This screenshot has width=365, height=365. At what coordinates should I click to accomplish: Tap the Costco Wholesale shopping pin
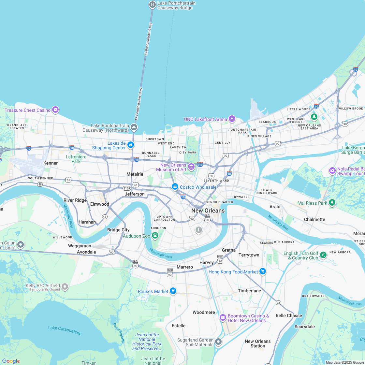175,187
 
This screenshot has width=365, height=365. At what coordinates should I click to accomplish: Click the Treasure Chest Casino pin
55,110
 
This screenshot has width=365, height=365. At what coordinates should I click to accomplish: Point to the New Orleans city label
208,211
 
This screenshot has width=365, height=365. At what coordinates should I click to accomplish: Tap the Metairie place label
135,174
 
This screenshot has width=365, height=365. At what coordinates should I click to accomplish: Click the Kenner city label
51,163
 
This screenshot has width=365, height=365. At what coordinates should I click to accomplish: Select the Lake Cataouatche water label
65,330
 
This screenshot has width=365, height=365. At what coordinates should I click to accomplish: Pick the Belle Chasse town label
289,315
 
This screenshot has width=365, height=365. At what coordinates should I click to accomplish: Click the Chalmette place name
314,219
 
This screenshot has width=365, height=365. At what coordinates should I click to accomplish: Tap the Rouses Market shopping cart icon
173,291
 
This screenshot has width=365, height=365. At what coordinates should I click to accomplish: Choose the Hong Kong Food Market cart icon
263,271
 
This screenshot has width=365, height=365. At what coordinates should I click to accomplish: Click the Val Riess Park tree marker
332,203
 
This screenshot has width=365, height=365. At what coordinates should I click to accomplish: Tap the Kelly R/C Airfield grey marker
65,287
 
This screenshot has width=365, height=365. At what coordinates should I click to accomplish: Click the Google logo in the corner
11,361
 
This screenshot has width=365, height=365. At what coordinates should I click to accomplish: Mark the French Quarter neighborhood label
219,202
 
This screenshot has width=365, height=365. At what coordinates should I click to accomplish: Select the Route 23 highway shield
278,303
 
